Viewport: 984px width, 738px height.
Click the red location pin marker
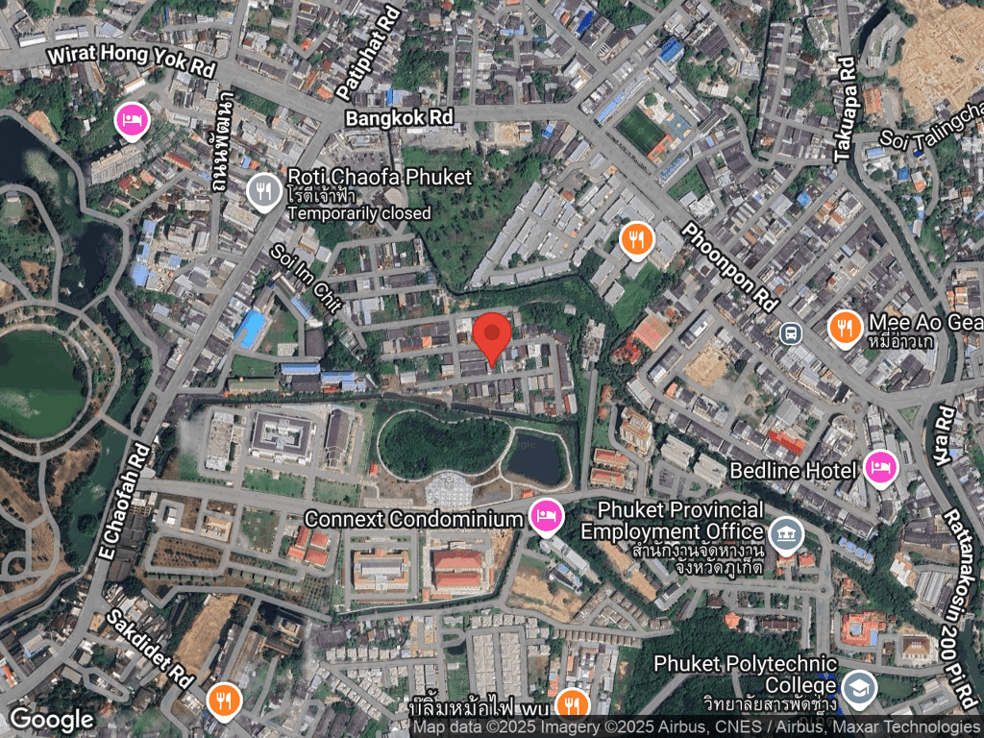tap(492, 337)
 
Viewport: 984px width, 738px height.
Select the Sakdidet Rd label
tap(150, 649)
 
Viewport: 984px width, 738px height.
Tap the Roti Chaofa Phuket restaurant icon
tap(262, 192)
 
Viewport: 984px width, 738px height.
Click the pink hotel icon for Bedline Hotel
tap(879, 469)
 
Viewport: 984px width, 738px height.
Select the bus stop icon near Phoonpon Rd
tap(791, 333)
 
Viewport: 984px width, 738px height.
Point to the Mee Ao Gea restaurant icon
tap(845, 328)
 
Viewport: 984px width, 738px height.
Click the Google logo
tap(52, 718)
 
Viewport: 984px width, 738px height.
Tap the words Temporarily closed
tap(358, 213)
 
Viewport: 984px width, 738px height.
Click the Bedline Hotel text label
tap(793, 470)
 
